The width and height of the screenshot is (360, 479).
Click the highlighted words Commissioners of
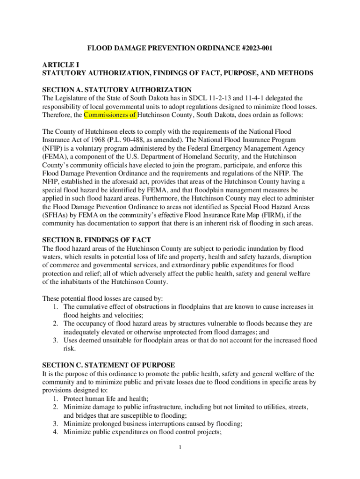tap(110, 115)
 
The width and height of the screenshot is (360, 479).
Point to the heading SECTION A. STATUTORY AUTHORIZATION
tap(117, 89)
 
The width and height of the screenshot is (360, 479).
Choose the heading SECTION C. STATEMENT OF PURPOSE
tap(108, 365)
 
